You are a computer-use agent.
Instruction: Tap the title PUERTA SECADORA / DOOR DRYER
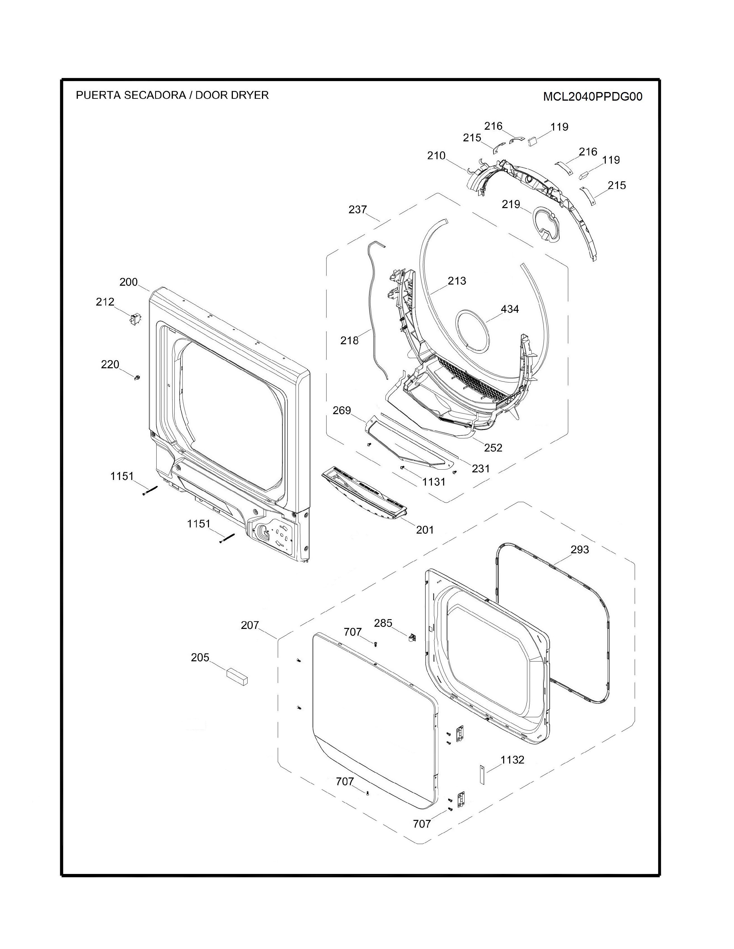tap(172, 95)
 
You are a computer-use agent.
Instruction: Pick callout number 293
tap(580, 550)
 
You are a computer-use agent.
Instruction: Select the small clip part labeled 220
tap(137, 378)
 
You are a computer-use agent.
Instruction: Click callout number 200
tap(128, 282)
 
